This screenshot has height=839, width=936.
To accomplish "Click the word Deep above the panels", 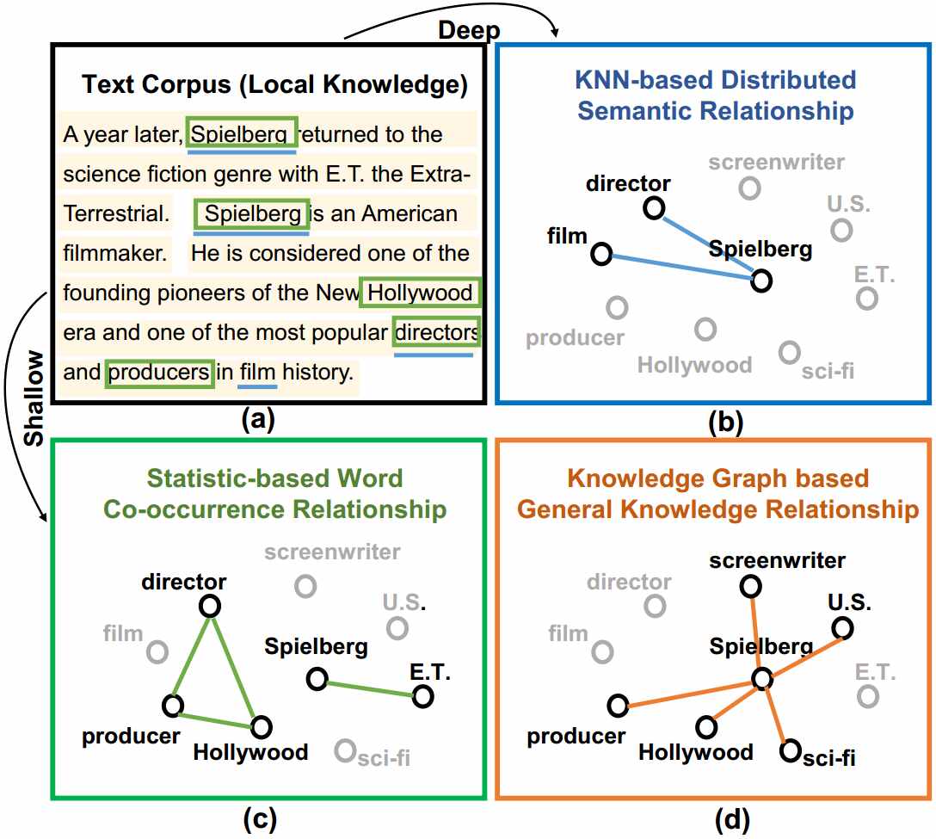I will click(470, 31).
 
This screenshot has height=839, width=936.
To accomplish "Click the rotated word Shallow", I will click(33, 398).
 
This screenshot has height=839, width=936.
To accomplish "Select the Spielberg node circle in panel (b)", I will click(760, 281).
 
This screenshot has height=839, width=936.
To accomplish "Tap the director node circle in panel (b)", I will click(654, 207).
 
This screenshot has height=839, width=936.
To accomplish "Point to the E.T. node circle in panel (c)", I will click(422, 696).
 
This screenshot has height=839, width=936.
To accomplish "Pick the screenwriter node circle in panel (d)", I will click(750, 586).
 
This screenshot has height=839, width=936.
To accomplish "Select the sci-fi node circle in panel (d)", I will click(791, 751).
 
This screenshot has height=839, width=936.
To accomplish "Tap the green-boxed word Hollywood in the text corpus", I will click(420, 293).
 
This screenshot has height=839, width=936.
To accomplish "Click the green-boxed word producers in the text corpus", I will click(159, 373).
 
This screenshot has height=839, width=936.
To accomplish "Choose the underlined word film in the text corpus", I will click(257, 373).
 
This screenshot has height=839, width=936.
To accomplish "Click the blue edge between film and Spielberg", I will click(680, 267).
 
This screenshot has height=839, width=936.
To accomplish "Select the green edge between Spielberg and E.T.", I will click(369, 688).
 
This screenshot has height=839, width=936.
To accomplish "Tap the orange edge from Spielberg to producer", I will click(688, 694).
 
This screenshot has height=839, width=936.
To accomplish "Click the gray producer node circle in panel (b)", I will click(616, 306).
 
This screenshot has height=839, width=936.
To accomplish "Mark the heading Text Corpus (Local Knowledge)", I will click(274, 84).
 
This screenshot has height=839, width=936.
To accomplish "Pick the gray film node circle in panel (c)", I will click(157, 651).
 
